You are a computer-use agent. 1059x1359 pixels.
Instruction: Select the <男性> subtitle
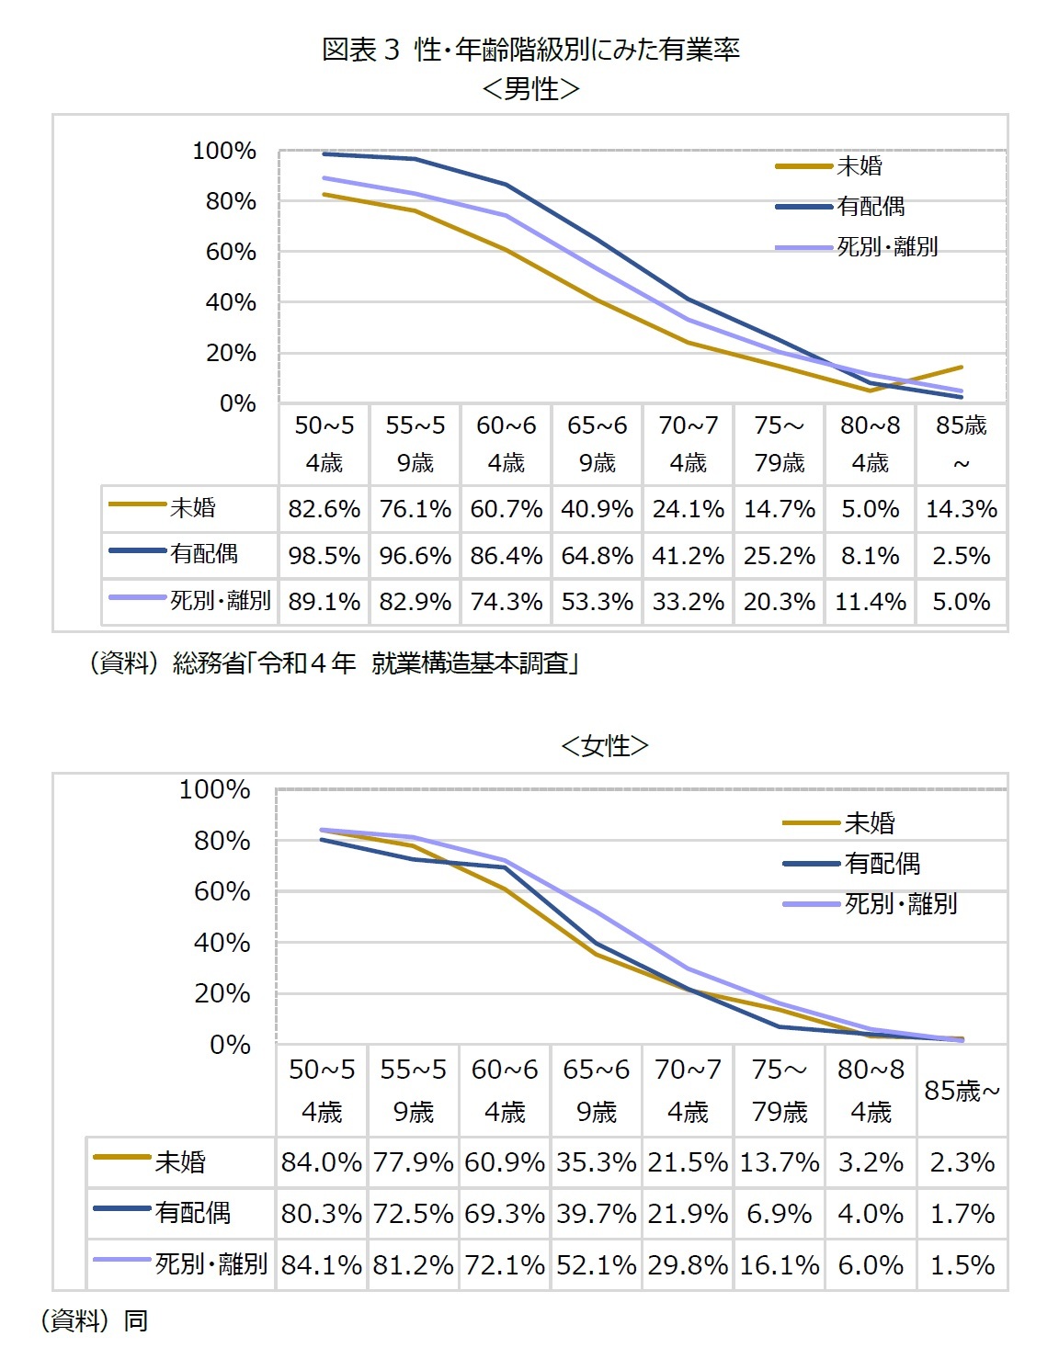pos(530,89)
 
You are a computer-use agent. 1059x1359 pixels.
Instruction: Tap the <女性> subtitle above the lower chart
pos(604,745)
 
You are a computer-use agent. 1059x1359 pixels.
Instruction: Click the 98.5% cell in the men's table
pos(324,556)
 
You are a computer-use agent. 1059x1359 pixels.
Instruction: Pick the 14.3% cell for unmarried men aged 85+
pos(961,509)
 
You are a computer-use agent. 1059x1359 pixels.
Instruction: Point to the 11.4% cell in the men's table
pos(870,602)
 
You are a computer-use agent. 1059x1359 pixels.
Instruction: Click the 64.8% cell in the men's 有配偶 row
pos(597,556)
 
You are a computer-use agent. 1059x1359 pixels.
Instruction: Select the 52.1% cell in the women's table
pos(596,1265)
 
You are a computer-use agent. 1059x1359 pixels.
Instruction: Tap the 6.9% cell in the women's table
pos(779,1214)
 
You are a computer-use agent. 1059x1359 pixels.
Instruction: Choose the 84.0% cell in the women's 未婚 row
pos(321,1162)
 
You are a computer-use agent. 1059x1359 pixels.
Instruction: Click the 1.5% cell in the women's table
pos(962,1265)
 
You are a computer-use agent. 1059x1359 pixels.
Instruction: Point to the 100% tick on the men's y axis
pos(224,151)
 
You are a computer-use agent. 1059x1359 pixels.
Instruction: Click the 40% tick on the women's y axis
pos(222,943)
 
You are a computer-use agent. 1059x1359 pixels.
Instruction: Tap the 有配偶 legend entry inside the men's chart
pos(870,207)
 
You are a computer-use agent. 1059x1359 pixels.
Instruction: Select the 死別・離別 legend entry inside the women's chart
pos(899,904)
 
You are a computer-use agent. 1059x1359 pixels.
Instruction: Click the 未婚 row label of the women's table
pos(179,1162)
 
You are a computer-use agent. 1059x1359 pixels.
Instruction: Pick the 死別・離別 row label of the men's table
pos(220,601)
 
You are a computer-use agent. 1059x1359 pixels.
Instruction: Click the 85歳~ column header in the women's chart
pos(962,1091)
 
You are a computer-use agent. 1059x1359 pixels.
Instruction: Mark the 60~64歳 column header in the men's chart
pos(506,444)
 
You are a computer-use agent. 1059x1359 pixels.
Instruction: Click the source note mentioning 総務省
pos(332,663)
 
